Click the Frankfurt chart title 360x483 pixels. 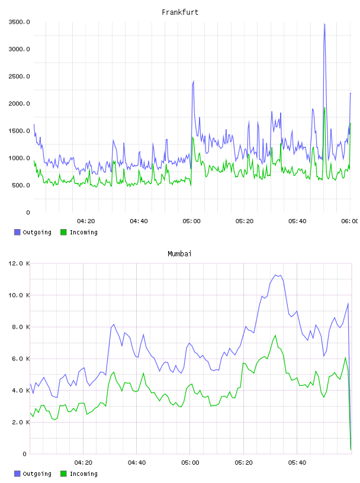coord(180,12)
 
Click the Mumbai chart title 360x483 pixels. coord(179,254)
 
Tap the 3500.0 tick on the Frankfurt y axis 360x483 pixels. coord(19,22)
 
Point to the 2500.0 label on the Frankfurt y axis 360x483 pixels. coord(19,76)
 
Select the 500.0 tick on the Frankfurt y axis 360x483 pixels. coord(21,185)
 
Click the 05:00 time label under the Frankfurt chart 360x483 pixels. coord(191,221)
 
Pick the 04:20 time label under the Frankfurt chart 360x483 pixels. coord(86,221)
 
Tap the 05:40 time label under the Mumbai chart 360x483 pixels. coord(297,463)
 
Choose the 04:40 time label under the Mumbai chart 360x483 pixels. coord(137,463)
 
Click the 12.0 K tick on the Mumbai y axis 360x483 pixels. coord(19,263)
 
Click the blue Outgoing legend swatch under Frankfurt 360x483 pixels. coord(17,232)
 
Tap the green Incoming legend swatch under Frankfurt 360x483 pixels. coord(63,232)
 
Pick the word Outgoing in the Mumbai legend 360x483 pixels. coord(37,474)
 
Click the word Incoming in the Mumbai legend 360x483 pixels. coord(83,474)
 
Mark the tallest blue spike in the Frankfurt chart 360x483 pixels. coord(324,24)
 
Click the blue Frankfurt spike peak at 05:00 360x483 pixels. coord(193,80)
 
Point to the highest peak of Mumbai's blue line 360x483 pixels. coord(275,275)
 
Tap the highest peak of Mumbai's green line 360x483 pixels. coord(275,335)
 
